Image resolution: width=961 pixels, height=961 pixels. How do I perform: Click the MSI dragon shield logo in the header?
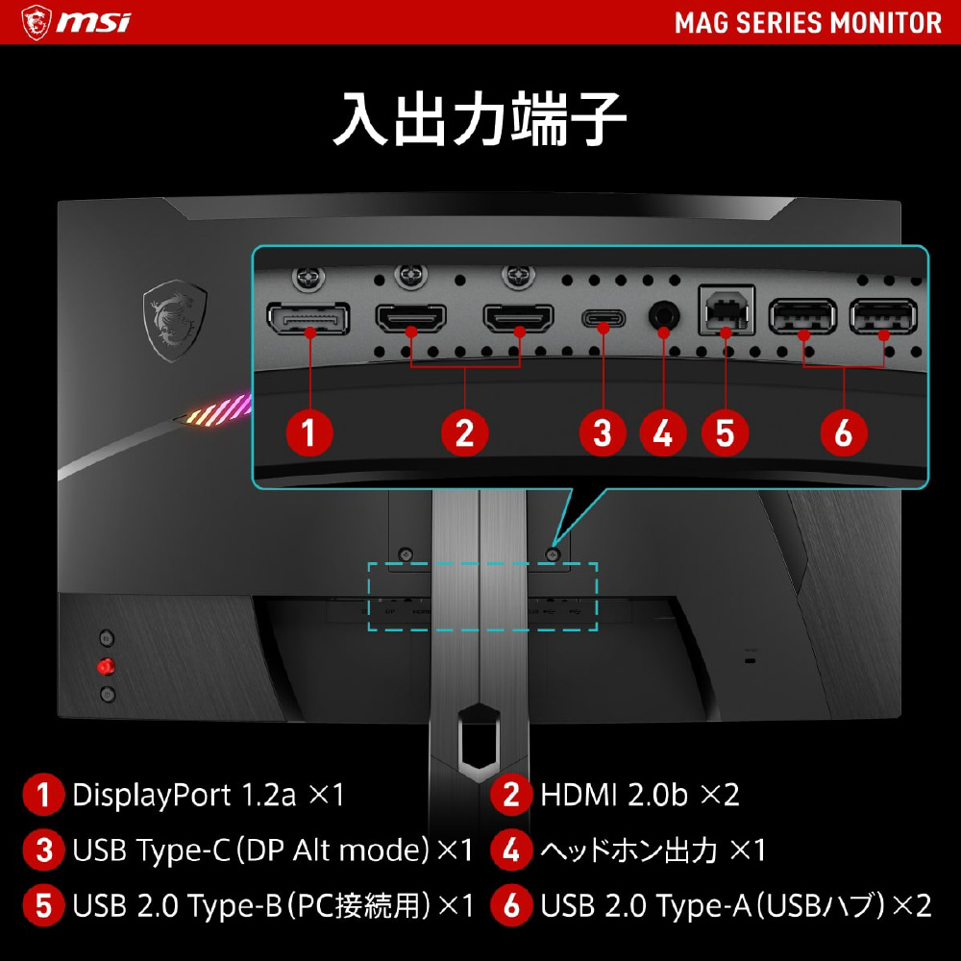click(x=36, y=22)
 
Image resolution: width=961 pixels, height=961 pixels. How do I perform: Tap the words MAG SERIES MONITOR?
click(x=808, y=23)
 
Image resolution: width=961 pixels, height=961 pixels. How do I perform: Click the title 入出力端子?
click(x=480, y=119)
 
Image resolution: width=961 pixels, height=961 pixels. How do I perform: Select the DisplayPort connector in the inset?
click(x=308, y=318)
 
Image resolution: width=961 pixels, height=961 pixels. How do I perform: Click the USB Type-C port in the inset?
click(x=604, y=319)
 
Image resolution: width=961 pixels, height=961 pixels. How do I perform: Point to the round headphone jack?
click(x=664, y=316)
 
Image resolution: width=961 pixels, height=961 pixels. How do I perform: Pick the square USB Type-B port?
click(x=727, y=310)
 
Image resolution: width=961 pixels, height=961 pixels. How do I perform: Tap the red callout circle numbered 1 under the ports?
click(x=309, y=432)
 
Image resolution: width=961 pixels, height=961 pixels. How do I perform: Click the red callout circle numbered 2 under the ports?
click(x=464, y=432)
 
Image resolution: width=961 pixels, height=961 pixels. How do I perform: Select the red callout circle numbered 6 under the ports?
click(x=844, y=432)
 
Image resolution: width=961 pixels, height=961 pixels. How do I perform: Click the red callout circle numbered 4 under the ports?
click(x=662, y=432)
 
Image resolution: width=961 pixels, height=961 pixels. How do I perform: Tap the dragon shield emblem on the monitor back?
click(x=175, y=320)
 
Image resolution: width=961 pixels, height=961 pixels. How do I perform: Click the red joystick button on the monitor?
click(x=106, y=666)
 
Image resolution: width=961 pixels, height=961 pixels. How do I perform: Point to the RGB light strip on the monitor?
click(x=218, y=410)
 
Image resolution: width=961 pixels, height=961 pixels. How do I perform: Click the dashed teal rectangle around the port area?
click(x=482, y=563)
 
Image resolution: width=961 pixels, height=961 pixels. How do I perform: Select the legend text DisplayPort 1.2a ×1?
click(x=209, y=795)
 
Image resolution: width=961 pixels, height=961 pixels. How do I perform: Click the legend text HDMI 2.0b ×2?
click(x=640, y=795)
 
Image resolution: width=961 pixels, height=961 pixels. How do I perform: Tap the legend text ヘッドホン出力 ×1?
click(x=653, y=850)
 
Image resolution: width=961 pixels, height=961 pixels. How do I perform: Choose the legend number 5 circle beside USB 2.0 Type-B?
click(x=43, y=905)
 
